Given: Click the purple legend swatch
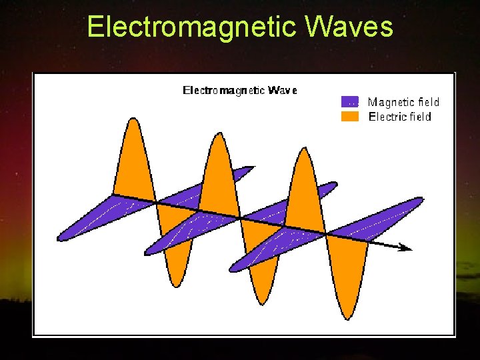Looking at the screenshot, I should click(350, 102).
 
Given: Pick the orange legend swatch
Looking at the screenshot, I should click(350, 117).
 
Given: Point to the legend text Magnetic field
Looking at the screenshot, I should click(403, 102).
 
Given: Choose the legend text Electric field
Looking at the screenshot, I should click(400, 117).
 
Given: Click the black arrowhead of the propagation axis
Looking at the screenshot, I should click(405, 248).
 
